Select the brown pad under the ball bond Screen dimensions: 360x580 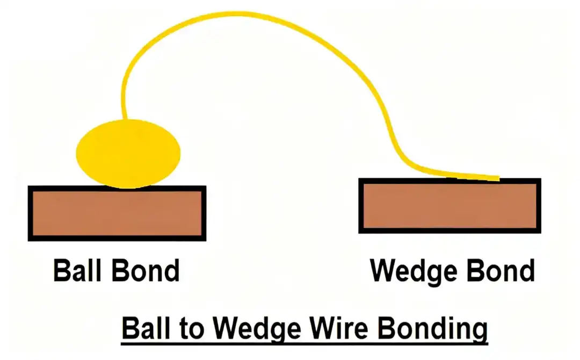(117, 214)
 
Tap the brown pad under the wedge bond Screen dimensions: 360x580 (450, 206)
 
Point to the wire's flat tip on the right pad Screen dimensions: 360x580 (491, 178)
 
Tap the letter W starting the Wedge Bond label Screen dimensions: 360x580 (383, 271)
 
